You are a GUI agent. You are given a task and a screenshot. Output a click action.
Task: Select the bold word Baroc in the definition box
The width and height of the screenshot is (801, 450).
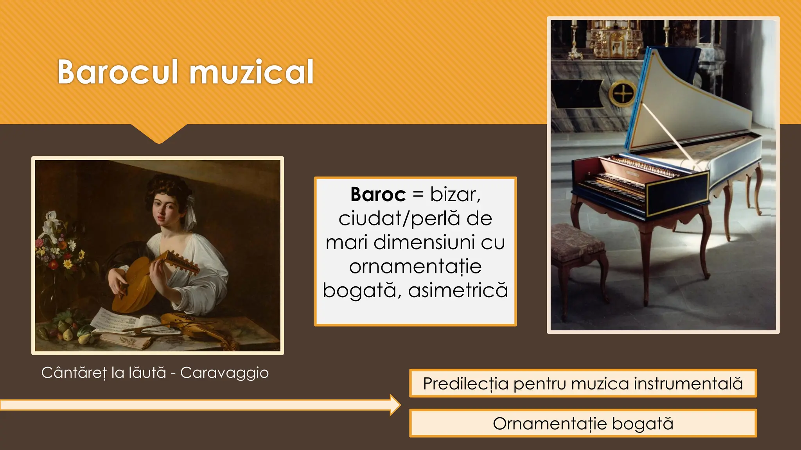pyautogui.click(x=378, y=194)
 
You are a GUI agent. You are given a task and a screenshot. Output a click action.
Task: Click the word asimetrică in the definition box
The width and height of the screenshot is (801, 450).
pyautogui.click(x=458, y=290)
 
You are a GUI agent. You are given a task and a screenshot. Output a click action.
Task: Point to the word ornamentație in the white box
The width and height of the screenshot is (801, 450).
pyautogui.click(x=415, y=266)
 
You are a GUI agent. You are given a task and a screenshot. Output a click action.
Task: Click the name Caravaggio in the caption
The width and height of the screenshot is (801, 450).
pyautogui.click(x=224, y=373)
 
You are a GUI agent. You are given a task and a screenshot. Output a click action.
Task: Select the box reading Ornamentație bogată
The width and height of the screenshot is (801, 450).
pyautogui.click(x=583, y=423)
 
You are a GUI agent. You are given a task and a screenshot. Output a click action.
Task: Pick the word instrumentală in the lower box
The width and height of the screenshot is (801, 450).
pyautogui.click(x=688, y=384)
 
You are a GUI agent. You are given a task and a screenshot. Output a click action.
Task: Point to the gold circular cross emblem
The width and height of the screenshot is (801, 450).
pyautogui.click(x=623, y=94)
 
